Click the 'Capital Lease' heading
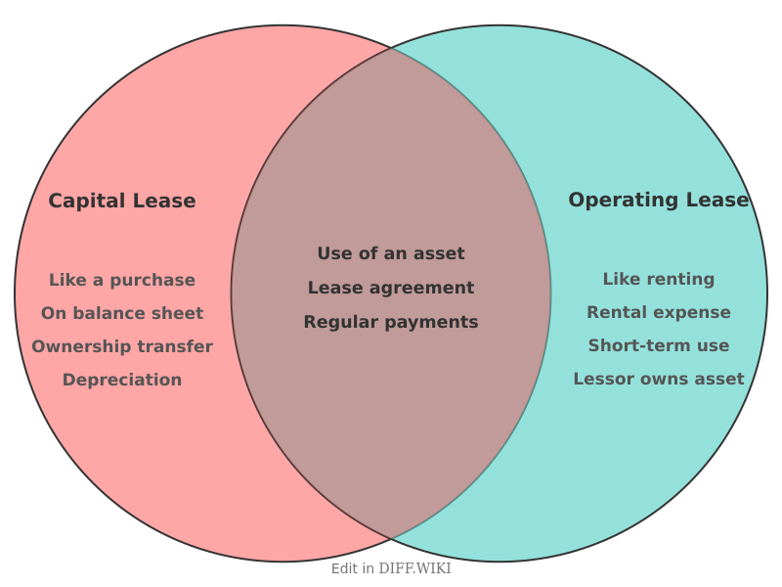click(122, 201)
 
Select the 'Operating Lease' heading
click(658, 200)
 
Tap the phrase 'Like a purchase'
click(122, 280)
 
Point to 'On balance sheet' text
click(122, 313)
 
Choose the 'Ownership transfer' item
click(122, 346)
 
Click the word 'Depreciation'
click(122, 380)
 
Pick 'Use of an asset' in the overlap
click(391, 253)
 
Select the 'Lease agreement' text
click(391, 288)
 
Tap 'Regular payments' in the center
click(391, 322)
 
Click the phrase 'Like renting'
click(658, 279)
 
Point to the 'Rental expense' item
click(658, 312)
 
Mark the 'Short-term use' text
click(658, 345)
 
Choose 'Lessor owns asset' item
click(658, 379)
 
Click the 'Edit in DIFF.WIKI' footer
click(391, 568)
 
